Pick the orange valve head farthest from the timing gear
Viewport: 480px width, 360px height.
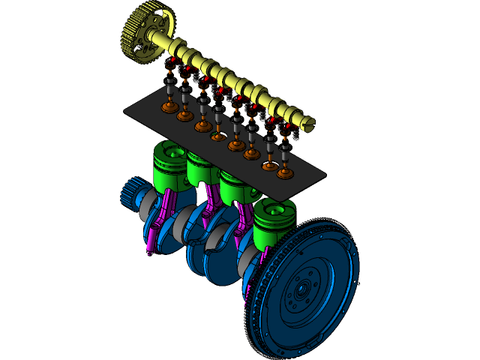tap(285, 173)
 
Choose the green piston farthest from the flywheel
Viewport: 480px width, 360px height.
tap(169, 165)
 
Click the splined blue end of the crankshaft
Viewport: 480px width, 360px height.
tap(130, 193)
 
